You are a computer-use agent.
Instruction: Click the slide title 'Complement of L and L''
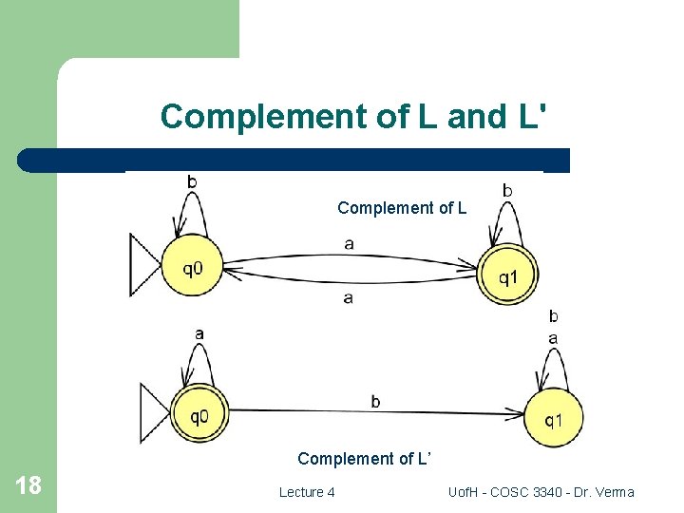(353, 116)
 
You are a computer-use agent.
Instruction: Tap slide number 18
(28, 486)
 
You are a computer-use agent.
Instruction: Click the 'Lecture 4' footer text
(306, 492)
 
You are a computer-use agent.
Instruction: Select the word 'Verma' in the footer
(614, 492)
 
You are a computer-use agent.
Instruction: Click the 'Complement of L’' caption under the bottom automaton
(365, 459)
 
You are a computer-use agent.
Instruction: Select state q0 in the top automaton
(192, 268)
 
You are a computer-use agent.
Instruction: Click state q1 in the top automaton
(508, 275)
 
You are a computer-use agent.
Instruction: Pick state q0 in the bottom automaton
(199, 414)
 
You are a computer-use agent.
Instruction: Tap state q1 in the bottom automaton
(554, 419)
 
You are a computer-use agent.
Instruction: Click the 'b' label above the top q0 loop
(192, 180)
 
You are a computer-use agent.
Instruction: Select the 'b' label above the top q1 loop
(507, 191)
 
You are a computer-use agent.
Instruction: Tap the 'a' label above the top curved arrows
(349, 244)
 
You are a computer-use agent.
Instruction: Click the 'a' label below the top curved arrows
(348, 297)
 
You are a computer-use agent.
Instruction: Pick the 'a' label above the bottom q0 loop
(199, 333)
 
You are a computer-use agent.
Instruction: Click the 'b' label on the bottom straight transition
(375, 401)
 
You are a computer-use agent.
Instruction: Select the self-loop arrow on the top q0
(192, 212)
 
